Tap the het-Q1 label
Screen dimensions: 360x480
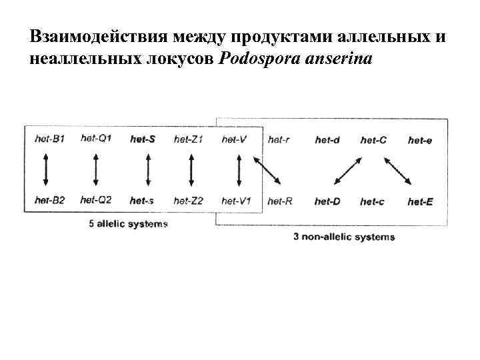point(96,139)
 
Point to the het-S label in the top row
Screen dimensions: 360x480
point(143,139)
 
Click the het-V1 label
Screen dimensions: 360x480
point(236,201)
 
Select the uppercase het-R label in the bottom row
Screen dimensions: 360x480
point(279,201)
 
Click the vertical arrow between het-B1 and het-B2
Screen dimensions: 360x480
point(45,169)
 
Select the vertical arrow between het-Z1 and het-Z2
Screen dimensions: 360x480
point(191,169)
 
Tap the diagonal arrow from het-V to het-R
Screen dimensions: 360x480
point(268,171)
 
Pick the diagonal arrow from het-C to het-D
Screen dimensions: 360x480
point(348,171)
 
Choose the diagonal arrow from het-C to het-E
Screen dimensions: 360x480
point(399,171)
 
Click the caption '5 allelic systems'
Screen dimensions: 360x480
point(128,224)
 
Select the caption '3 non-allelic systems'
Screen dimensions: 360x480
point(344,237)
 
